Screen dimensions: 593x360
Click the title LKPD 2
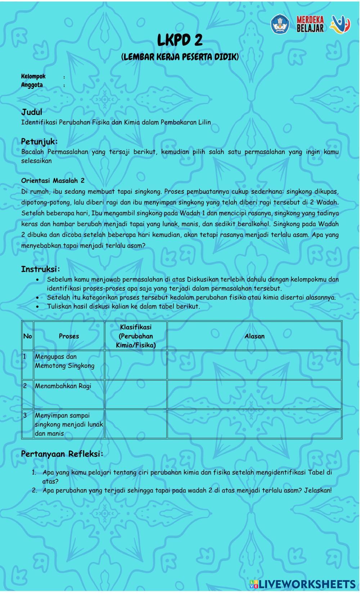(x=180, y=40)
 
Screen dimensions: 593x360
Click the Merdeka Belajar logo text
(x=310, y=24)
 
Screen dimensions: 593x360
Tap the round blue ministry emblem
(x=280, y=24)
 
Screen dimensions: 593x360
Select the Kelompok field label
(x=33, y=76)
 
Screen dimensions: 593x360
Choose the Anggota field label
(x=32, y=85)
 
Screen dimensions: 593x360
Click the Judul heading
(x=32, y=112)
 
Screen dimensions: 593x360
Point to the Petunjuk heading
(x=39, y=141)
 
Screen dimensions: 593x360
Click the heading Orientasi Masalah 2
(x=53, y=180)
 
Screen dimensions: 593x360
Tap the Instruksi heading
(x=40, y=269)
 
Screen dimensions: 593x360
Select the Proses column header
(x=69, y=336)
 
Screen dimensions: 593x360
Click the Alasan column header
(x=255, y=336)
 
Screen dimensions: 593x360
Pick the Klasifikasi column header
(x=136, y=336)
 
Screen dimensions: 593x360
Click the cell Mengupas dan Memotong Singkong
(x=65, y=361)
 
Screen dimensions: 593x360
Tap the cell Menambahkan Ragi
(x=63, y=386)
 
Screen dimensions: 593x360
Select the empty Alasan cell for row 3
(x=255, y=424)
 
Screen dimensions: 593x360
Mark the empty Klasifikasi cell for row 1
(x=136, y=365)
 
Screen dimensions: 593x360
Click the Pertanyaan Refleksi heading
(x=62, y=454)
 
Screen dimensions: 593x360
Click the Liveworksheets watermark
(x=302, y=584)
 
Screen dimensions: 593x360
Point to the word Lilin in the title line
(x=204, y=122)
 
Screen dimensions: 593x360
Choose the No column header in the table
(x=27, y=336)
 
